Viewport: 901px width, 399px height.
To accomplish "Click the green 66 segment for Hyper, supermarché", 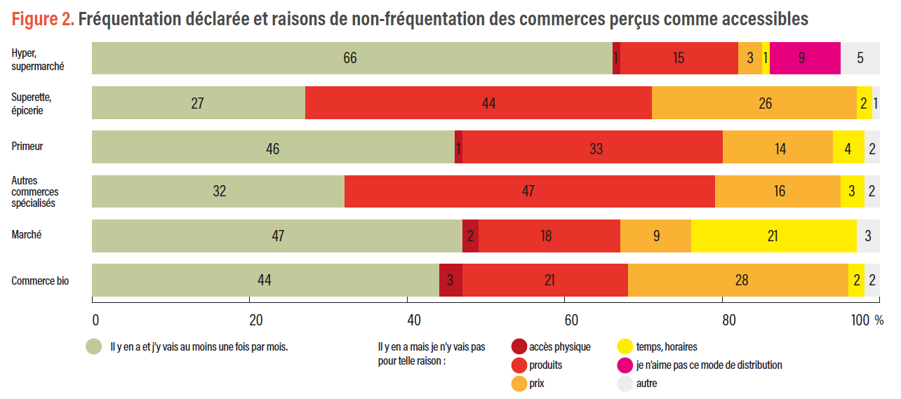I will pos(351,58).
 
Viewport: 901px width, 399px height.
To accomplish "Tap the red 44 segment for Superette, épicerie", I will pos(479,103).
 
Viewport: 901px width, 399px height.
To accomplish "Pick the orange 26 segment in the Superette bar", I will pos(754,103).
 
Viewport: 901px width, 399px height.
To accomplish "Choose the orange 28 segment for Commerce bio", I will pos(738,280).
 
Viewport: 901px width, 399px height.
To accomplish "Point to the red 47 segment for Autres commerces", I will pos(530,191).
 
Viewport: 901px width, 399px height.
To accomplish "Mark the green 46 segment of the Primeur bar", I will pos(273,147).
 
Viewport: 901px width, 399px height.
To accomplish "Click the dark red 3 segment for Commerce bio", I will pos(451,280).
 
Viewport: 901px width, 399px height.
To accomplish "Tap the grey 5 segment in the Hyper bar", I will pos(860,58).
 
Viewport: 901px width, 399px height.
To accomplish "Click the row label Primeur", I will pos(27,147).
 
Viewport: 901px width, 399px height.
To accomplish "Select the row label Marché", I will pos(26,235).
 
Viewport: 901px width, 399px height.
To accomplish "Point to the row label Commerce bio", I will pos(40,280).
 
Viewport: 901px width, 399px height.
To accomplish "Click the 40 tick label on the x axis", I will pos(414,320).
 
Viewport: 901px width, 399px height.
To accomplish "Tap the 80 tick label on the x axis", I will pos(728,320).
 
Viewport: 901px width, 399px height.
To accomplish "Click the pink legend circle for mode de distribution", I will pos(625,365).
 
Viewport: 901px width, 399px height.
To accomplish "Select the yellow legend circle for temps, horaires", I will pos(625,346).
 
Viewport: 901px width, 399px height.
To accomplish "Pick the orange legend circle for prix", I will pos(519,384).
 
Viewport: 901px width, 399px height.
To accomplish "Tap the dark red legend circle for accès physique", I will pos(519,346).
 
